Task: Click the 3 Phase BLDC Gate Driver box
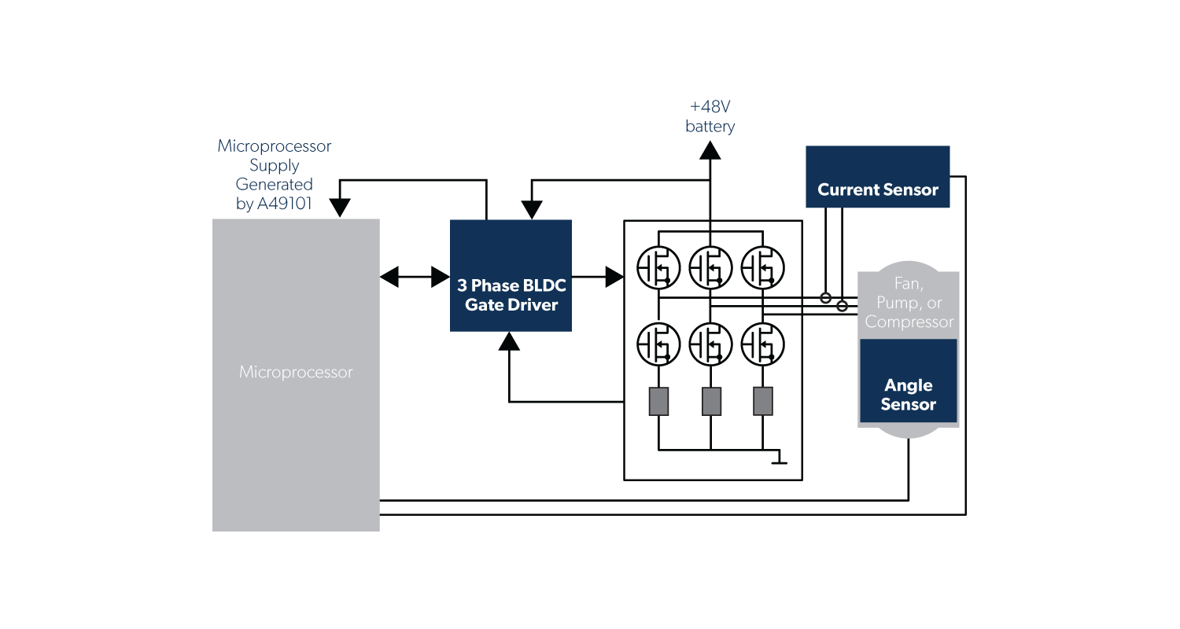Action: pyautogui.click(x=511, y=276)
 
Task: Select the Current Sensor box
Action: pyautogui.click(x=877, y=177)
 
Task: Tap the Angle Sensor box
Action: pyautogui.click(x=908, y=381)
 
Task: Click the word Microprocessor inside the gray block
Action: pyautogui.click(x=296, y=372)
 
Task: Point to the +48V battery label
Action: pyautogui.click(x=710, y=116)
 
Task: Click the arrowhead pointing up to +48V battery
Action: pyautogui.click(x=710, y=149)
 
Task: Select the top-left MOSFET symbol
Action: pyautogui.click(x=658, y=267)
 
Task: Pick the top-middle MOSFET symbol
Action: pyautogui.click(x=710, y=267)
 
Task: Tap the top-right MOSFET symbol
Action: pyautogui.click(x=762, y=267)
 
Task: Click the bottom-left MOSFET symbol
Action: pyautogui.click(x=658, y=344)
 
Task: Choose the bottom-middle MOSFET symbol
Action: pyautogui.click(x=710, y=344)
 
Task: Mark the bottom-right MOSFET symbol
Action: pyautogui.click(x=762, y=344)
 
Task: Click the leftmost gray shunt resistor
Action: pyautogui.click(x=658, y=401)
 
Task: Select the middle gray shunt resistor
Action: pyautogui.click(x=711, y=401)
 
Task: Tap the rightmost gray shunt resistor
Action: pyautogui.click(x=763, y=401)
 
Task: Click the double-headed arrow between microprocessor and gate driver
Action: pyautogui.click(x=415, y=276)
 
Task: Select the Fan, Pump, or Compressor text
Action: pyautogui.click(x=909, y=303)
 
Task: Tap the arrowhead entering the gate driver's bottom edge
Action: pyautogui.click(x=510, y=340)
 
